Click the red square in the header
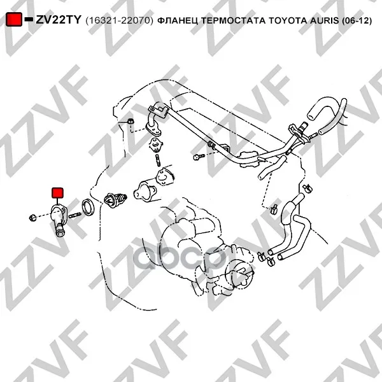coord(13,20)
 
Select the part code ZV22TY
coord(59,20)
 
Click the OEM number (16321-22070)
coord(120,21)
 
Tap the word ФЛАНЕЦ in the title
coord(178,21)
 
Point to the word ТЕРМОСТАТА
coord(234,21)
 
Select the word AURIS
coord(324,21)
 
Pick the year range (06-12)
coord(357,21)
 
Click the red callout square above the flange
coord(58,193)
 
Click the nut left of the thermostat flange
coord(32,217)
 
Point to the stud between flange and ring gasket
coord(74,215)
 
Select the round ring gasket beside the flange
coord(88,208)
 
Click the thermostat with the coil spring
coord(115,200)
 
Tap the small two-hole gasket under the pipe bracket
coord(156,145)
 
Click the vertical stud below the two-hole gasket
coord(158,160)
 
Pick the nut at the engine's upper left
coord(131,121)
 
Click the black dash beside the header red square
coord(29,19)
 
